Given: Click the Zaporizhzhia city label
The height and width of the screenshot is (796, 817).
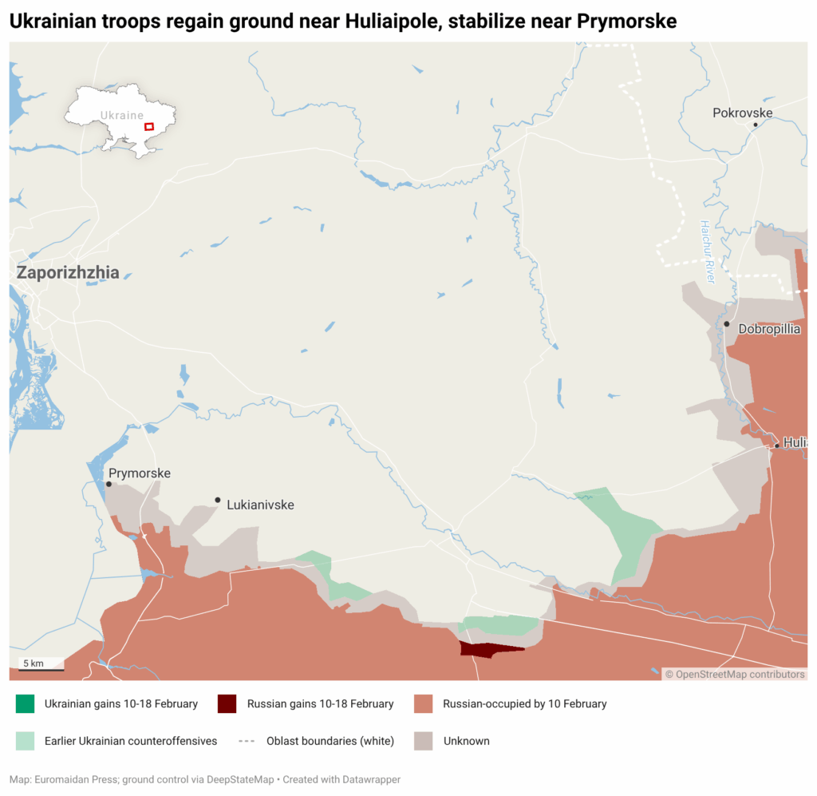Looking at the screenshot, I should [68, 273].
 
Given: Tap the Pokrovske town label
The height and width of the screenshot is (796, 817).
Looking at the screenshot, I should [742, 113].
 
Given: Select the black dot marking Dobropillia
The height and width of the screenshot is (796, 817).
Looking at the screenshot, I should [726, 324].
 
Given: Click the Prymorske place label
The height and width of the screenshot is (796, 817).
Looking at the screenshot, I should [140, 473].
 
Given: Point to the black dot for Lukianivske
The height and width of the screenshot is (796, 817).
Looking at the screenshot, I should [217, 500].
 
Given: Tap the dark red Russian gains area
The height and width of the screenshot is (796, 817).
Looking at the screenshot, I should [488, 650].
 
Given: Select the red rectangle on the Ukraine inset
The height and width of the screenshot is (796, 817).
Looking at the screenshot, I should [148, 126].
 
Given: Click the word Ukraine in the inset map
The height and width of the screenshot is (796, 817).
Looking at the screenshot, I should [121, 115].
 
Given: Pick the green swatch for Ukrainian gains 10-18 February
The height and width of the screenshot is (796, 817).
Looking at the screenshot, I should [26, 703].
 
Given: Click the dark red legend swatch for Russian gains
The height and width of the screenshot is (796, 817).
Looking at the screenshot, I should [227, 703].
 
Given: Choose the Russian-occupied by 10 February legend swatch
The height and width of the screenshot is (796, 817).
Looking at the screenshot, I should [424, 703].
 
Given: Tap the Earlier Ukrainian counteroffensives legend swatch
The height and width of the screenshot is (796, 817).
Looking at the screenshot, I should [26, 741].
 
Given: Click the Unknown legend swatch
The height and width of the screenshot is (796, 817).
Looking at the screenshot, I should [424, 741].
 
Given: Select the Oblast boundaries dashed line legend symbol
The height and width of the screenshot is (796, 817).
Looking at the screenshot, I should [247, 741].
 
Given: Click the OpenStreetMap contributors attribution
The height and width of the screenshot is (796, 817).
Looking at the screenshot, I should [735, 674].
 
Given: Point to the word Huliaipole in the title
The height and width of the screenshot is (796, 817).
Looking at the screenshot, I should [391, 22].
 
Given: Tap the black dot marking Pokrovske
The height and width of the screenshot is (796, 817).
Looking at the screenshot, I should [755, 125].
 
